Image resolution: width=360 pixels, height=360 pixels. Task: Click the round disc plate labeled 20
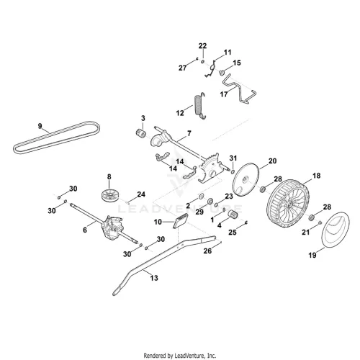246,179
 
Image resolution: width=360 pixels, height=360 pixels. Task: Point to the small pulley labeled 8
109,194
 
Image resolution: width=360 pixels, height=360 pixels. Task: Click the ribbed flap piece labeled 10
181,221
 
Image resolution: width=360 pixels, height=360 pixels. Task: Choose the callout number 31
233,158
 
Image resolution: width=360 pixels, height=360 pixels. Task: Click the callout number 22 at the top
202,46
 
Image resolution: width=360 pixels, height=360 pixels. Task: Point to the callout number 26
207,251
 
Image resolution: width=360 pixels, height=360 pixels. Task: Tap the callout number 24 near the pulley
141,194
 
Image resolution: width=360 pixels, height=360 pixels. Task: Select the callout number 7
189,133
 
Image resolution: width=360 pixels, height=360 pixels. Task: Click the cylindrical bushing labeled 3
140,132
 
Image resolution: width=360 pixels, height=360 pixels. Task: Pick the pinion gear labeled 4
232,213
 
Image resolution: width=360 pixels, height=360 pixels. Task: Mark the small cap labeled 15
221,71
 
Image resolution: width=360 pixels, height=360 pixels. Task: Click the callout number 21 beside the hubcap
305,232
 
